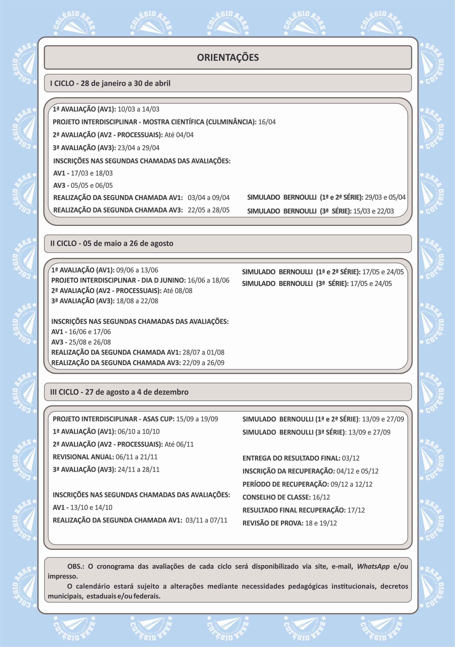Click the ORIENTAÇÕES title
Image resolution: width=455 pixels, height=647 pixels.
coord(227,57)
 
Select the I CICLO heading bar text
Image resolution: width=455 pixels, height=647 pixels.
coord(110,83)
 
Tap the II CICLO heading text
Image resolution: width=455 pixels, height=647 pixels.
coord(112,243)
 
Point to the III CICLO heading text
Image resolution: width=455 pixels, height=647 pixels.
coord(119,392)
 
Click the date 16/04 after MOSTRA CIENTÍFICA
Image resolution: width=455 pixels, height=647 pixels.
coord(267,122)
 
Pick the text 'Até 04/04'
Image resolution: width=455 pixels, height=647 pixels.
coord(179,135)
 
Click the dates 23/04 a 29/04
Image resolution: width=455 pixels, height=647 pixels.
coord(139,148)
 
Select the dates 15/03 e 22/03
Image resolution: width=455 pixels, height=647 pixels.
coord(373,211)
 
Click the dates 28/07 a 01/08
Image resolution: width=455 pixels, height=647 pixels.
coord(203,352)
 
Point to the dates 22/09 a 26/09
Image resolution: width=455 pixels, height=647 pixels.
coord(203,363)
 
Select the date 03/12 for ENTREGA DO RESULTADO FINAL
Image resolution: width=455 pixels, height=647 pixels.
coord(351,458)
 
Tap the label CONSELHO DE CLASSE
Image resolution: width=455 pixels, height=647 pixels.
coord(276,497)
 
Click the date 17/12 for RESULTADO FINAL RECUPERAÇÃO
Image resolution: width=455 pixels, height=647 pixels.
coord(356,510)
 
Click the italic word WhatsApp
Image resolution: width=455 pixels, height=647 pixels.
coord(373,566)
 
